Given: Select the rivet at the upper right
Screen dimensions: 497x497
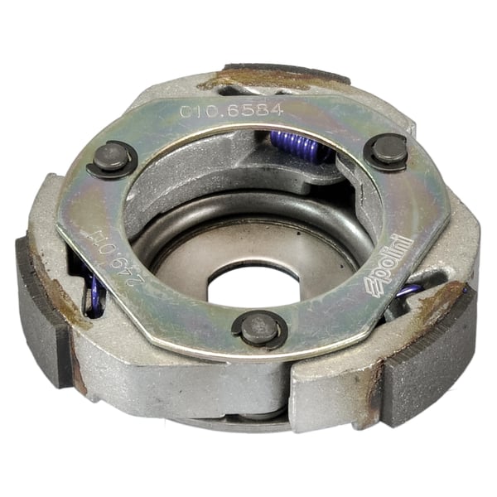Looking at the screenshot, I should [x=387, y=149].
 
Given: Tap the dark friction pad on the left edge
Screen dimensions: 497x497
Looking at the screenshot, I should [x=41, y=311].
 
